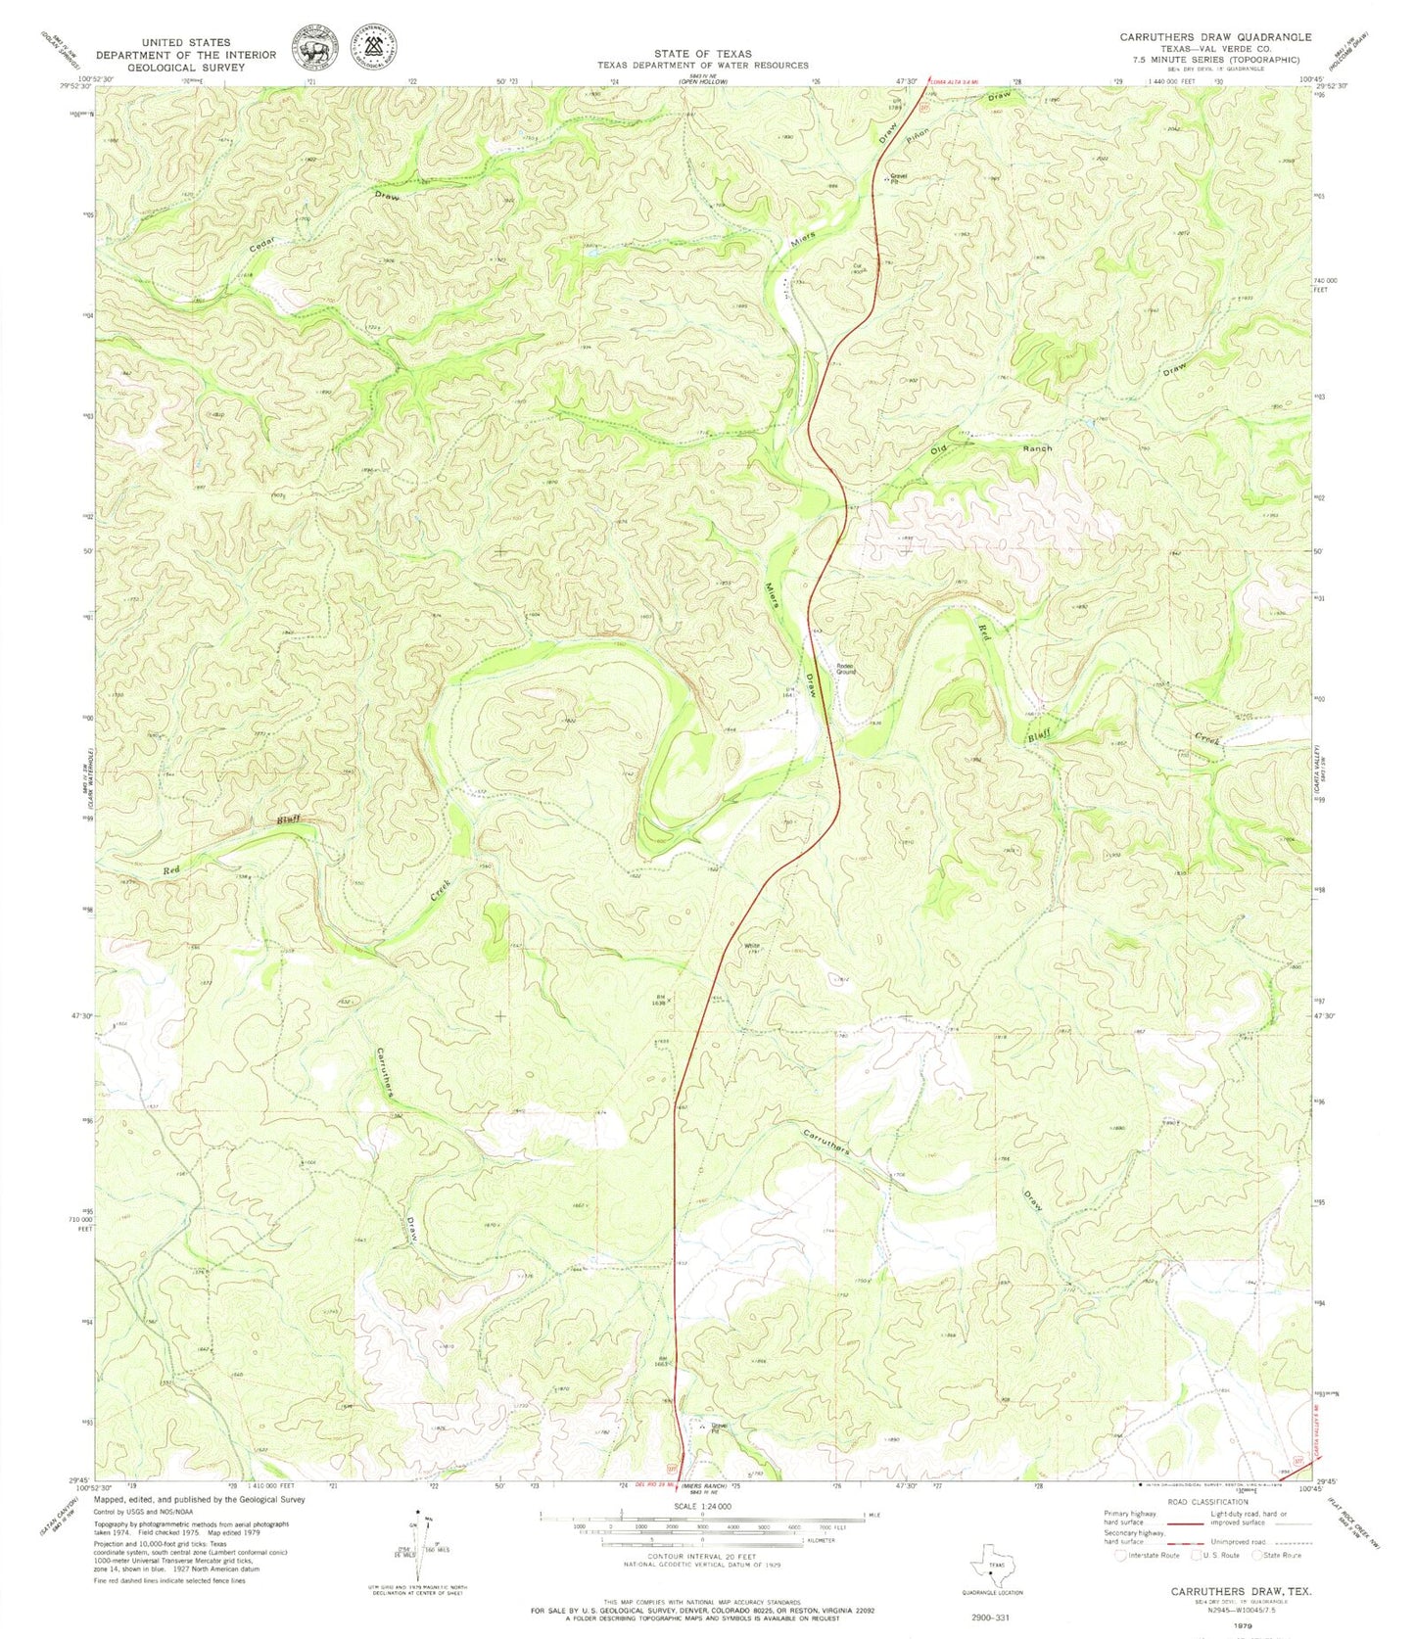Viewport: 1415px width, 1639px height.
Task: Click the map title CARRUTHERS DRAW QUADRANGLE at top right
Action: click(1215, 36)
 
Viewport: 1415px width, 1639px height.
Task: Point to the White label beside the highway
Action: click(752, 946)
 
